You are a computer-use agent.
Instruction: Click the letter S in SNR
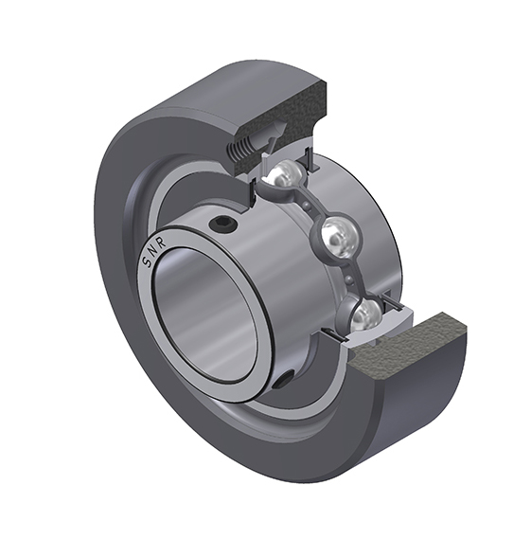pyautogui.click(x=146, y=262)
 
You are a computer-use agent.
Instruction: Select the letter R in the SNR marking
pyautogui.click(x=163, y=242)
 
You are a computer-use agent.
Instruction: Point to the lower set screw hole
pyautogui.click(x=285, y=380)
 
